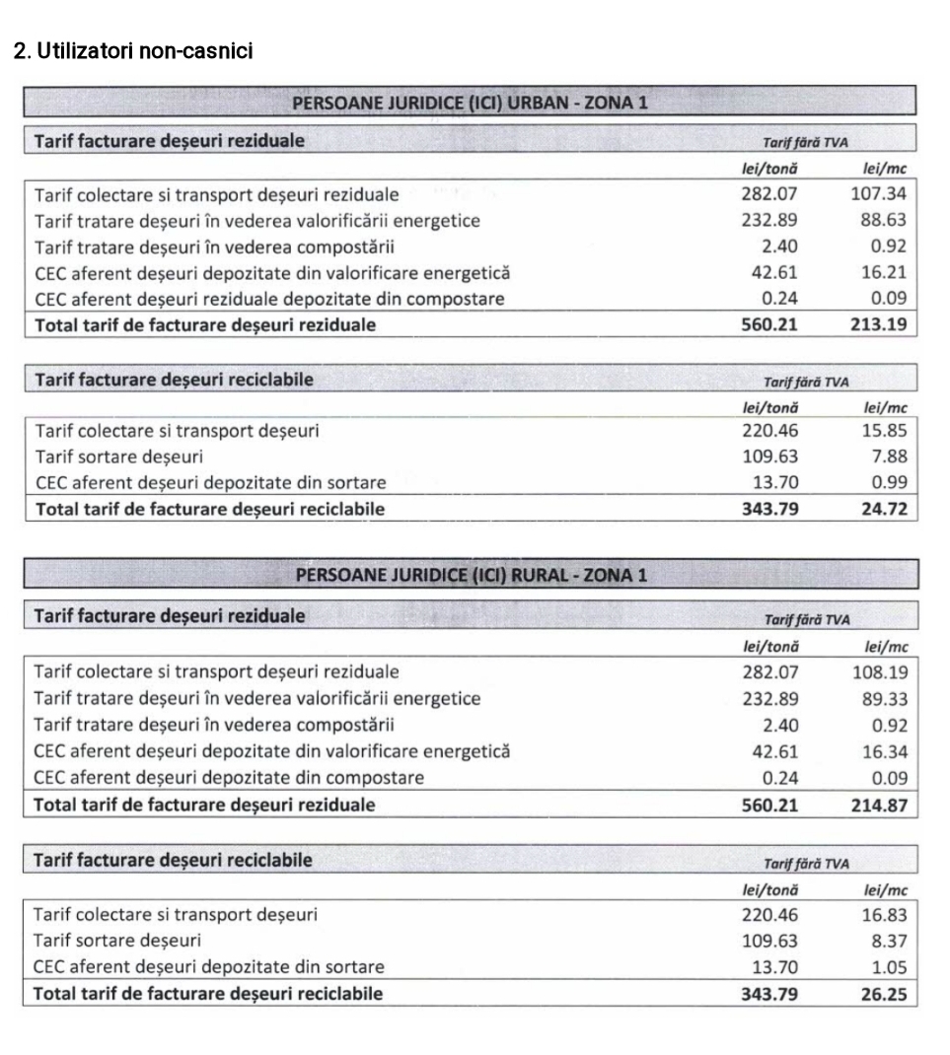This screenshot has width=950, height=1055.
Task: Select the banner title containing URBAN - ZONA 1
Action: [x=470, y=103]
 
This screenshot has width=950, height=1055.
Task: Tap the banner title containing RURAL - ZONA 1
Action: [x=470, y=576]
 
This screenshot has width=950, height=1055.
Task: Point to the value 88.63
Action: [x=883, y=221]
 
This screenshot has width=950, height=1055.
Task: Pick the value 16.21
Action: [x=883, y=273]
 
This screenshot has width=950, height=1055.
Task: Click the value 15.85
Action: [x=883, y=430]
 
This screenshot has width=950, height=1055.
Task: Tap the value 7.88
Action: [x=888, y=457]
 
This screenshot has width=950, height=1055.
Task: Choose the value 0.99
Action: [x=888, y=483]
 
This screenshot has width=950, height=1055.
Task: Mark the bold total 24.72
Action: [x=883, y=510]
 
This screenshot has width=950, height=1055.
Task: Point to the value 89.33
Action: [x=883, y=698]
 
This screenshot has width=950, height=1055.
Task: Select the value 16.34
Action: [x=883, y=751]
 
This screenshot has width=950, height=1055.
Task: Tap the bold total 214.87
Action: [x=878, y=805]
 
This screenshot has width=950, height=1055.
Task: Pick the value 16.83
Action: [x=883, y=914]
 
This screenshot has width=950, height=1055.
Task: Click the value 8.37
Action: [x=888, y=941]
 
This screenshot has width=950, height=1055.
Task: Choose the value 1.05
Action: [x=888, y=967]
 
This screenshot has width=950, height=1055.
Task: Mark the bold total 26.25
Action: [x=883, y=994]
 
